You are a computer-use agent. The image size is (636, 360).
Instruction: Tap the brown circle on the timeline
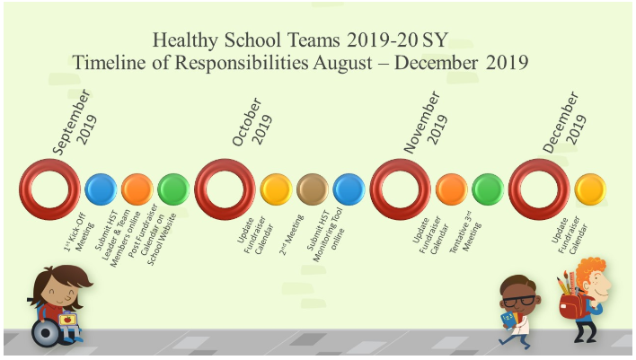pos(313,189)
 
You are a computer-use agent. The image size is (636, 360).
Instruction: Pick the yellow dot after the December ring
pos(590,189)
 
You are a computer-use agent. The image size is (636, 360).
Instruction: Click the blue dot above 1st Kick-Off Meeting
pos(101,189)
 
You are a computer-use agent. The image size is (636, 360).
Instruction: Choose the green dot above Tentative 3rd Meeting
pos(488,189)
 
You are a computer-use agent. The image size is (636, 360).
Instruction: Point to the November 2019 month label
pos(426,121)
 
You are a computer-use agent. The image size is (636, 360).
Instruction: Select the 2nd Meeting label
pos(291,235)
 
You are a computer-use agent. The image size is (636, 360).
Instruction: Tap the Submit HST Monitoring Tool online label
pos(325,234)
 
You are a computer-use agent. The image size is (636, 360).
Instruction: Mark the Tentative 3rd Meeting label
pos(465,232)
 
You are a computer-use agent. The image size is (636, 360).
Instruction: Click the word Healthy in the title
pos(185,40)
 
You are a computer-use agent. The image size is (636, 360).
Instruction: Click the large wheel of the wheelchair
pos(46,333)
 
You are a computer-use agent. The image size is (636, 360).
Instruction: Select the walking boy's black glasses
pos(519,302)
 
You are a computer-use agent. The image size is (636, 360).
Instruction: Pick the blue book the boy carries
pos(508,320)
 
